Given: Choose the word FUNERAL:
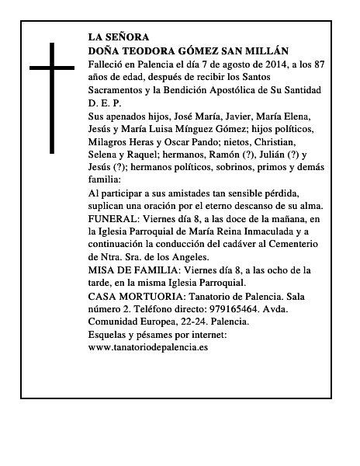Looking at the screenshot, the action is tap(116, 220).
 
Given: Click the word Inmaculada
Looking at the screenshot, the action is tap(260, 233).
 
